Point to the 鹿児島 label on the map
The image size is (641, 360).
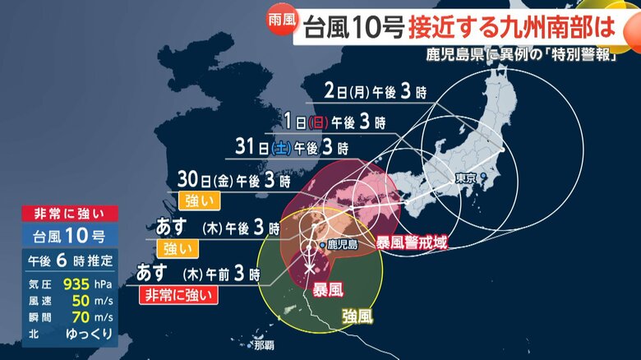pyautogui.click(x=340, y=244)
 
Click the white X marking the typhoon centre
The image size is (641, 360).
pyautogui.click(x=310, y=267)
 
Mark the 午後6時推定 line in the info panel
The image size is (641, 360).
pyautogui.click(x=68, y=261)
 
